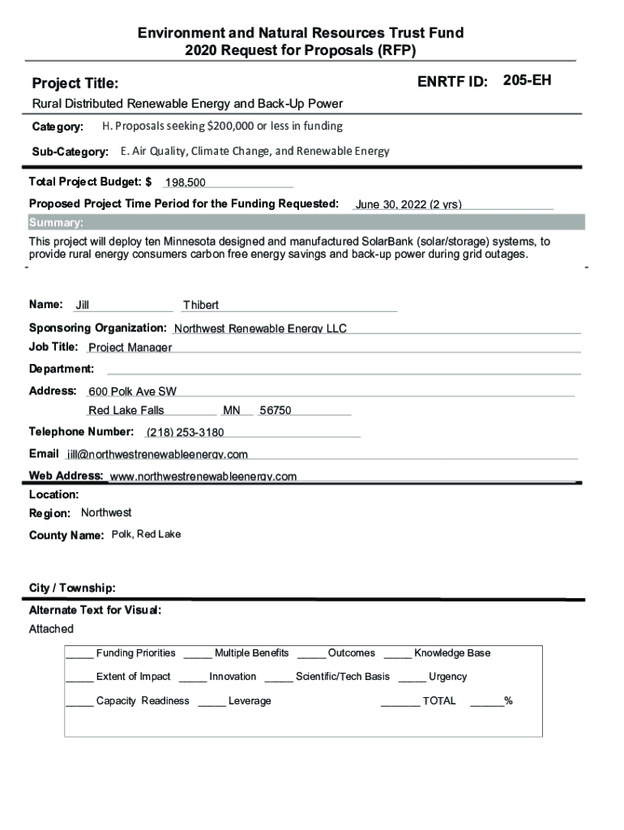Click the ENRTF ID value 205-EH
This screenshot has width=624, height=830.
click(x=527, y=81)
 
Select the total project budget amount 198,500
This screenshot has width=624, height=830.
click(x=185, y=183)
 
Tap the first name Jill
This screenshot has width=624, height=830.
click(x=82, y=306)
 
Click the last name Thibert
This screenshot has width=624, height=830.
click(x=201, y=306)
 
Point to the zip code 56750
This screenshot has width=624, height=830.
click(x=276, y=411)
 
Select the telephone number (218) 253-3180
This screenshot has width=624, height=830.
click(x=185, y=432)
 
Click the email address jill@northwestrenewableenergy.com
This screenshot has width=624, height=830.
click(x=157, y=454)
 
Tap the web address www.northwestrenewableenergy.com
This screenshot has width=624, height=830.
click(x=203, y=476)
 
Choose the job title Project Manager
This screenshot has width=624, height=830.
click(x=130, y=348)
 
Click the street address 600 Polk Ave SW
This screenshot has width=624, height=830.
click(x=132, y=391)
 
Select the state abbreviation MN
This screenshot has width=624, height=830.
click(x=232, y=411)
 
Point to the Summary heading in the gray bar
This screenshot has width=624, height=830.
click(x=56, y=223)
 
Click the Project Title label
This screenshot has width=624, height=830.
click(x=75, y=83)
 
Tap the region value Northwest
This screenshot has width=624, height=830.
click(x=106, y=513)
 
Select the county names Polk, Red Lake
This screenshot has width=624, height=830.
click(x=146, y=534)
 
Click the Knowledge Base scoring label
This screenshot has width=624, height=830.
click(x=451, y=653)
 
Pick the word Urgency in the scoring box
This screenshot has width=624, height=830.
click(x=447, y=677)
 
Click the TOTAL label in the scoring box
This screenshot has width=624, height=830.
click(x=439, y=701)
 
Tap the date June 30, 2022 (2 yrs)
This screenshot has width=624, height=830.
click(x=408, y=204)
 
